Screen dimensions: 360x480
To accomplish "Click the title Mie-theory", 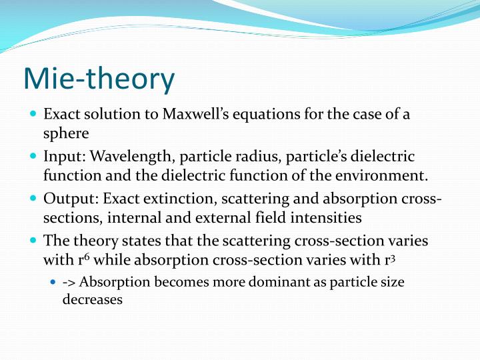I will click(99, 79).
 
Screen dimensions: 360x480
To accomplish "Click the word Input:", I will click(65, 157).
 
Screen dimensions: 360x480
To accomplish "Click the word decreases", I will click(93, 300).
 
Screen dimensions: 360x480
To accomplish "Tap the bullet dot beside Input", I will click(33, 157).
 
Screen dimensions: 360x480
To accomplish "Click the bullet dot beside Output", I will click(33, 199).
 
